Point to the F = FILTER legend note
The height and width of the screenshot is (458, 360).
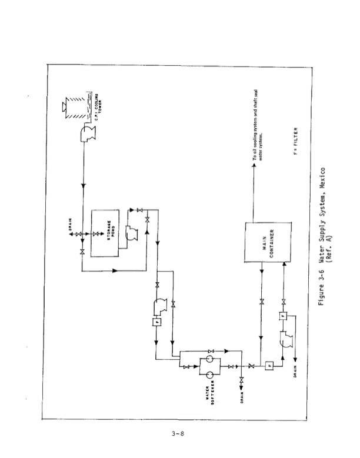[x=297, y=142]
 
